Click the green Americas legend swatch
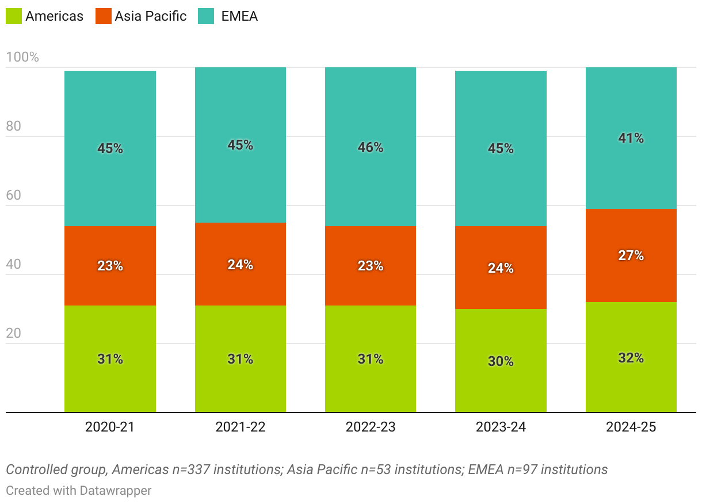[x=14, y=16]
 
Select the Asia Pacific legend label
[x=150, y=16]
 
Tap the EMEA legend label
[x=239, y=16]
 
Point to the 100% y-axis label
[x=22, y=57]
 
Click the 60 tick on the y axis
[x=13, y=196]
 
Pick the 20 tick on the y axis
[x=13, y=334]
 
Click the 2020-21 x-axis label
[x=110, y=427]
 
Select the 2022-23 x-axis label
[x=371, y=427]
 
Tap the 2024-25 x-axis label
[x=631, y=427]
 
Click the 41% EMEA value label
[x=631, y=138]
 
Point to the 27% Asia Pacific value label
[x=631, y=255]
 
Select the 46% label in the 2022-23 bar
[x=371, y=147]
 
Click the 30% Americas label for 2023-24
[x=501, y=361]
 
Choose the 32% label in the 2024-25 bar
[x=631, y=358]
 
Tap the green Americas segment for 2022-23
[x=371, y=385]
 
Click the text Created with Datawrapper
[x=79, y=491]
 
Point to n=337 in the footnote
[x=194, y=469]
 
